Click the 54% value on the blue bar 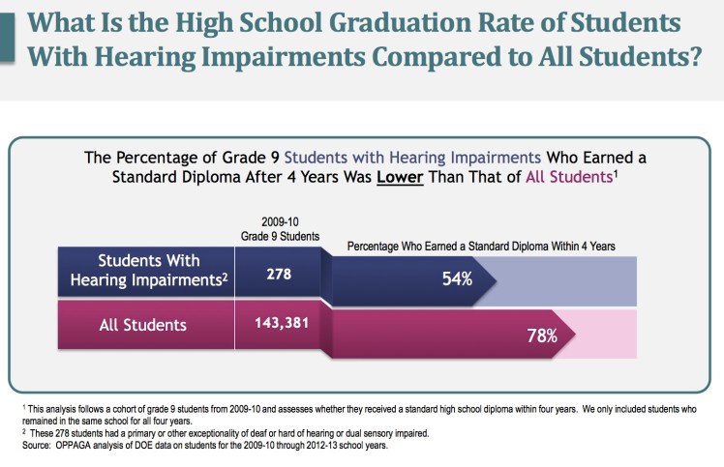click(x=457, y=278)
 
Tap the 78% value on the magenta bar click(x=542, y=336)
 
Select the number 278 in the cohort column click(x=279, y=274)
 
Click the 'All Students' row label click(x=143, y=325)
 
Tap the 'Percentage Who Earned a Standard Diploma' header click(x=481, y=247)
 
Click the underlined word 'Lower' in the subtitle click(x=402, y=178)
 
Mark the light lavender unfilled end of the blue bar click(x=571, y=279)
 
